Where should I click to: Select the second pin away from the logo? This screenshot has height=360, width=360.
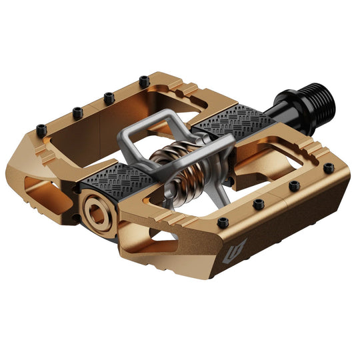257,203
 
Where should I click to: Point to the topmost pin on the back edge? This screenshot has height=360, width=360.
143,81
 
